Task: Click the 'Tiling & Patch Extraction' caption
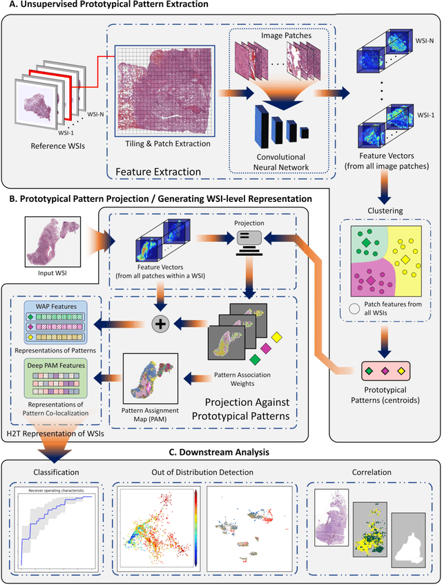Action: [x=160, y=153]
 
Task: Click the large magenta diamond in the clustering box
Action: [x=370, y=280]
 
